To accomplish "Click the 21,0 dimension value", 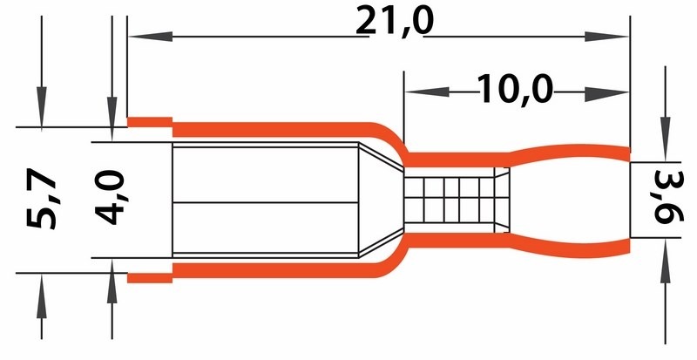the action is click(x=395, y=22).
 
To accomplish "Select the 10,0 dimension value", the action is click(x=515, y=90).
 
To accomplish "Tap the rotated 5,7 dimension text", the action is click(x=41, y=198).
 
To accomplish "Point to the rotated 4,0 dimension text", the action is click(x=110, y=197).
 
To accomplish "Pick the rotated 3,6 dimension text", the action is click(x=667, y=200).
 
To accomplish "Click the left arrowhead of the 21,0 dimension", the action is click(x=150, y=37).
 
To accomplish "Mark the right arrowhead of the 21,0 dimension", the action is click(x=606, y=37).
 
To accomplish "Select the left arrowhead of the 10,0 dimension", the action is click(x=427, y=92).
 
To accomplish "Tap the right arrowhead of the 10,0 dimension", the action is click(x=606, y=94).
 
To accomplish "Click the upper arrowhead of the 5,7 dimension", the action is click(x=41, y=107).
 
